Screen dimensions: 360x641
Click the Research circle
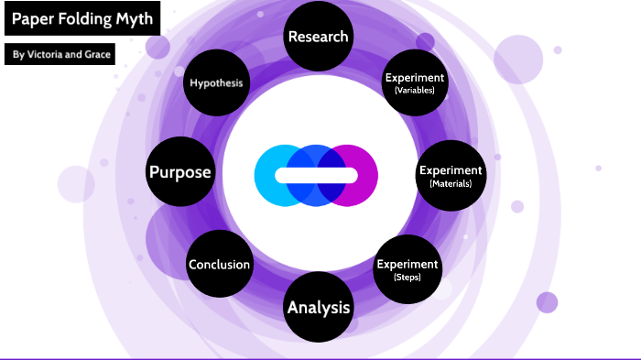318,37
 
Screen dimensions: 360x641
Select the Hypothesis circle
217,83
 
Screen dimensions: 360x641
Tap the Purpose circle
180,172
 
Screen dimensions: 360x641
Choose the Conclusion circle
219,265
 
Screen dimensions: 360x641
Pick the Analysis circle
318,307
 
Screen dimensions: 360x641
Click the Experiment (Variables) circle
415,83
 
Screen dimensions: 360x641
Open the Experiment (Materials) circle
450,175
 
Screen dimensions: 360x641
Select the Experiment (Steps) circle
407,269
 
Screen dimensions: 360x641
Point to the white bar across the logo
316,175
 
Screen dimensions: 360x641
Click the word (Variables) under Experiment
415,91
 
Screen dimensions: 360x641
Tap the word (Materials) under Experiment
450,183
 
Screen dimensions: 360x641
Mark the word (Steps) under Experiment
407,277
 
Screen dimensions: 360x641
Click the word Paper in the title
32,17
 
